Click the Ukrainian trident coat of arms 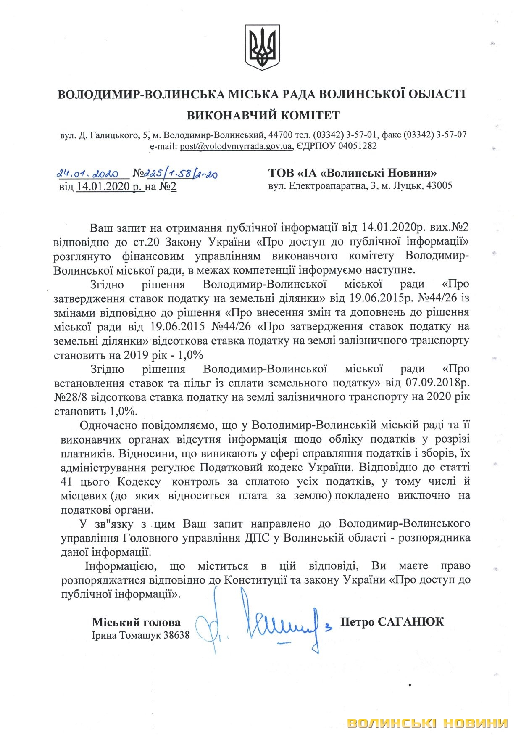pos(262,48)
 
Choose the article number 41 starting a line pos(67,481)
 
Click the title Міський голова pos(136,622)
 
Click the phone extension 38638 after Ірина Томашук pos(175,635)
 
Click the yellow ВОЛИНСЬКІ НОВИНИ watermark pos(427,723)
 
